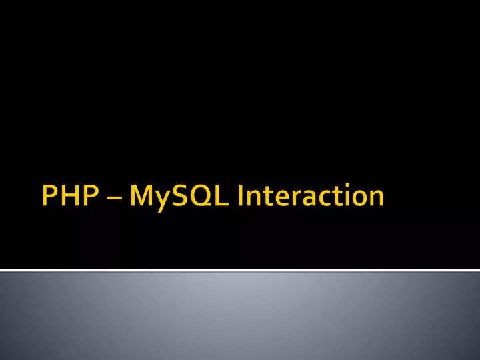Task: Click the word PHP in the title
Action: (69, 196)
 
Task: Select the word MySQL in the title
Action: (182, 197)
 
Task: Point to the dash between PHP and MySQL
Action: (113, 199)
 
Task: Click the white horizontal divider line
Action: (240, 270)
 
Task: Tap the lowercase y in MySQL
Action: (162, 199)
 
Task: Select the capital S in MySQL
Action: (178, 196)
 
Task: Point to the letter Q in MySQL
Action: (199, 197)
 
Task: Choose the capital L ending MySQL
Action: (220, 196)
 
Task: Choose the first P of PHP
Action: (49, 196)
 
